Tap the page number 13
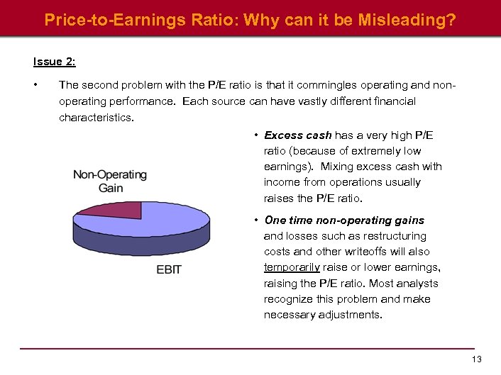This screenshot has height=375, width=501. (x=476, y=359)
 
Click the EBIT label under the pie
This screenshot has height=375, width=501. (x=169, y=269)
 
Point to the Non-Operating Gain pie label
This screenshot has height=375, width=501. (x=110, y=181)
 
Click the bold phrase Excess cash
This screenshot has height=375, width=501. (x=297, y=135)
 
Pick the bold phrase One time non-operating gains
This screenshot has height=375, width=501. (x=344, y=220)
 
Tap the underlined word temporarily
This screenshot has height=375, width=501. (x=292, y=267)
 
